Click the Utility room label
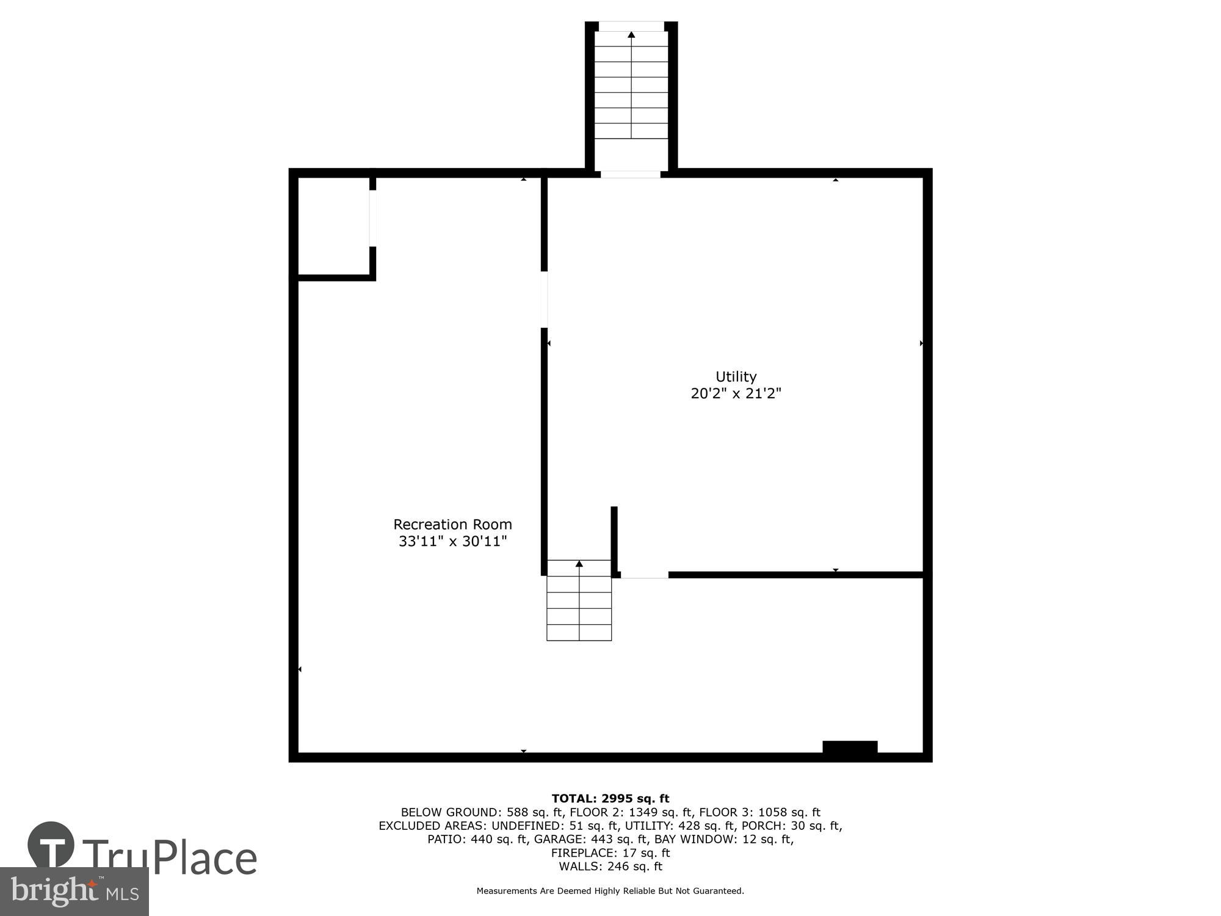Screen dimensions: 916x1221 (x=736, y=377)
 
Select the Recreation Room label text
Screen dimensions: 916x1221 (x=452, y=525)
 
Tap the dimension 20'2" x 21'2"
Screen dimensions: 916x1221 (x=736, y=393)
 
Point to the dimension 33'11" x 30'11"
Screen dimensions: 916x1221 (x=452, y=541)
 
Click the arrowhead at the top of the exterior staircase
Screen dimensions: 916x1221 (x=631, y=35)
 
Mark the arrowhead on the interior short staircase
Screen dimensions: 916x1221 (x=579, y=564)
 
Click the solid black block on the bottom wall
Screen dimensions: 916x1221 (x=850, y=747)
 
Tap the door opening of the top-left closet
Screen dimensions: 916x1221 (x=373, y=219)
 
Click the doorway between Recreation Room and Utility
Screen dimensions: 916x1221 (x=544, y=299)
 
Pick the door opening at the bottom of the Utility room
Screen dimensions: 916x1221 (x=645, y=575)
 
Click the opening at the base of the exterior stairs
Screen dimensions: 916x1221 (x=631, y=175)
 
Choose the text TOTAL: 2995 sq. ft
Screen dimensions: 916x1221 (x=610, y=798)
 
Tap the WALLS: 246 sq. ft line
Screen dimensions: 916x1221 (x=610, y=866)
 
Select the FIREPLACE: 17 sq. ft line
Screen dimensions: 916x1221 (x=610, y=852)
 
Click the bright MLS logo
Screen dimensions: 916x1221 (x=74, y=892)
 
